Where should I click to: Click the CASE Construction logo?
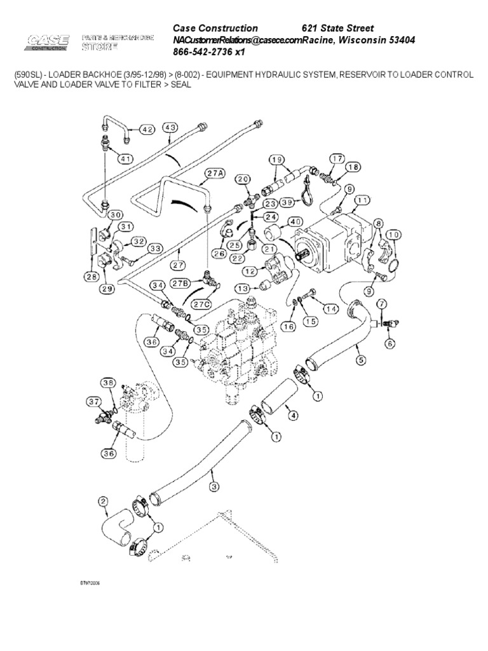[x=48, y=43]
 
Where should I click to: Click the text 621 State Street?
[x=337, y=29]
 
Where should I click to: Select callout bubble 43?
[x=171, y=128]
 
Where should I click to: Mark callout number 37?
[x=94, y=401]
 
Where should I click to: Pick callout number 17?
[x=336, y=158]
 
